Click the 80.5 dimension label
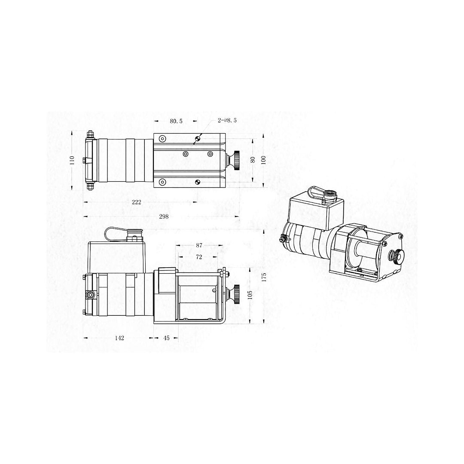176,122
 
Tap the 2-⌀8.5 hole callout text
227,121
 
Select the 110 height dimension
72,160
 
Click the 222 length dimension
137,202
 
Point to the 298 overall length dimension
164,217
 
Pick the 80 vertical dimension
253,159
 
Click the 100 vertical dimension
264,159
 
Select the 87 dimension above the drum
198,246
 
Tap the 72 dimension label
198,256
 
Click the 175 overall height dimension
264,277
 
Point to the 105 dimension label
250,295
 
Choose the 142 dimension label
119,338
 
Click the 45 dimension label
167,338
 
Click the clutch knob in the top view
236,160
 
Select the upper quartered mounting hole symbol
198,138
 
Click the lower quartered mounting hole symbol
198,182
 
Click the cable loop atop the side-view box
115,235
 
